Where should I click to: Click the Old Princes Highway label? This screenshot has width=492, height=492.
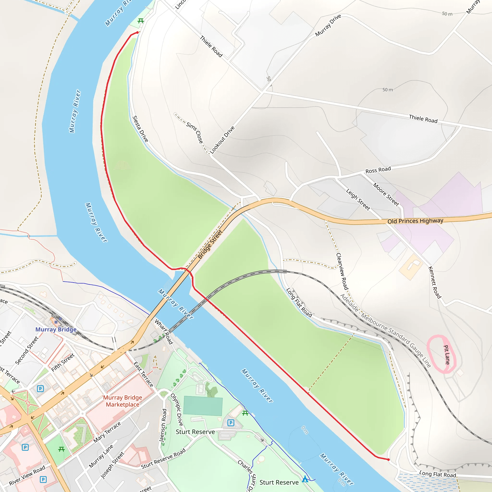tap(415, 221)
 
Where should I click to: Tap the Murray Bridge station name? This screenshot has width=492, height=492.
tap(56, 329)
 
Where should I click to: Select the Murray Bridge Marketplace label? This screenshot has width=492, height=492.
tap(123, 401)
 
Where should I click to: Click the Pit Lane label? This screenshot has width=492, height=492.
tap(447, 355)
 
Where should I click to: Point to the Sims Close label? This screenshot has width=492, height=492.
tap(195, 132)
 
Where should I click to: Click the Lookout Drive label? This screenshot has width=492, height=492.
tap(222, 140)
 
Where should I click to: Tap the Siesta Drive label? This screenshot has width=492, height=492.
tap(140, 129)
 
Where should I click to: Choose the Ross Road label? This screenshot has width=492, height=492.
tap(378, 170)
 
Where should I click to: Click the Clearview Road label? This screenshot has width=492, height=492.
tap(342, 271)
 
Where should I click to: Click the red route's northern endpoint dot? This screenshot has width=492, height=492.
tap(137, 32)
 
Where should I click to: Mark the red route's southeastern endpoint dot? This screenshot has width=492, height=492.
tap(388, 460)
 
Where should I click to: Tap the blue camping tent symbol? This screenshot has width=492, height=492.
tap(305, 479)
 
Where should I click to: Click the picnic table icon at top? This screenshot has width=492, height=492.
tap(141, 21)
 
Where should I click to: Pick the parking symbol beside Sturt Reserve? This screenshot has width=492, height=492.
tap(231, 423)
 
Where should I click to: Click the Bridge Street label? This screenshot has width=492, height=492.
tap(210, 244)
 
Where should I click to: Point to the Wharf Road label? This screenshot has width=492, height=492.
tap(164, 332)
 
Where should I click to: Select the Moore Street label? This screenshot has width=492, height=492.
tap(386, 194)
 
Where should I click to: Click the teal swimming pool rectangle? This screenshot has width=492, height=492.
tap(203, 406)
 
